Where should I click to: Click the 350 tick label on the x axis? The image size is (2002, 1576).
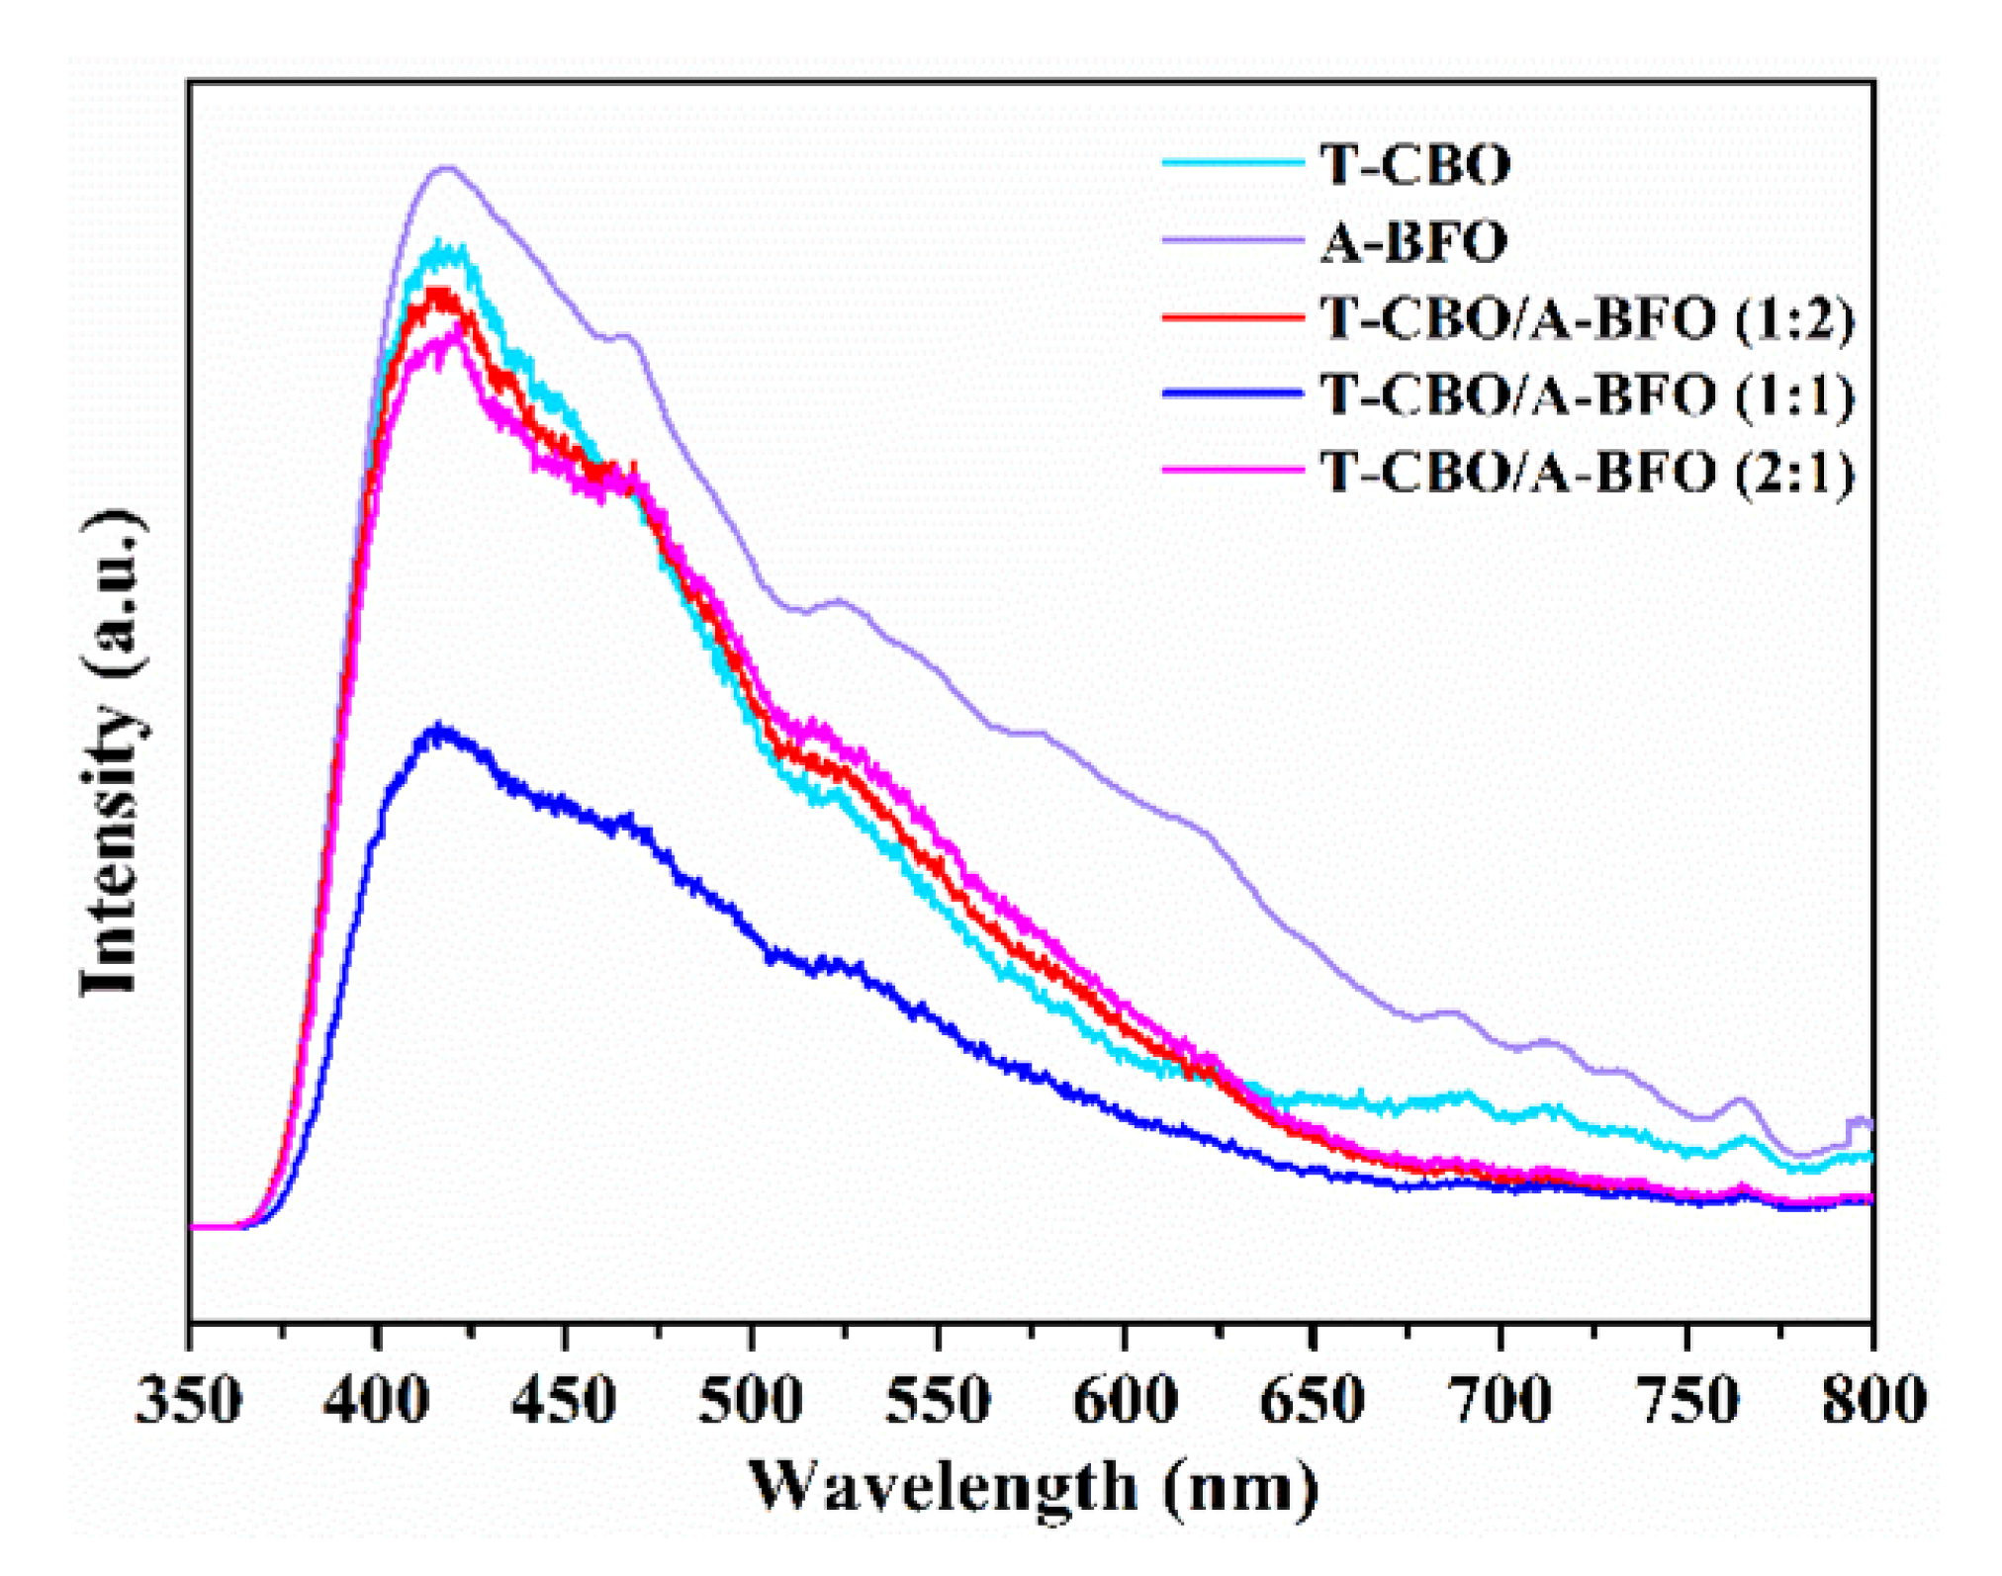188,1401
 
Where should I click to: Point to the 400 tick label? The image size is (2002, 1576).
376,1401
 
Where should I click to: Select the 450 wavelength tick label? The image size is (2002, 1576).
564,1401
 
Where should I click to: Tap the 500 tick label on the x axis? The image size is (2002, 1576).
751,1401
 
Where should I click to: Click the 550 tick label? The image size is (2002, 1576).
938,1401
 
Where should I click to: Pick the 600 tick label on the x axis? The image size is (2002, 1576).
1126,1401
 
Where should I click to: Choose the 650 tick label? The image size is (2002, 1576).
1313,1401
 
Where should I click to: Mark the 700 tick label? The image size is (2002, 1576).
1500,1401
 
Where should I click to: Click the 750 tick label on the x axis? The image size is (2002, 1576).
1686,1401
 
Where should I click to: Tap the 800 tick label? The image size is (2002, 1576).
1873,1401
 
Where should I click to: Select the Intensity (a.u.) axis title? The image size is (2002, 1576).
113,751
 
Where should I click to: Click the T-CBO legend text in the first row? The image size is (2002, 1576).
1415,164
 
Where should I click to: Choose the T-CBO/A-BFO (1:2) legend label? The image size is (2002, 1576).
1587,319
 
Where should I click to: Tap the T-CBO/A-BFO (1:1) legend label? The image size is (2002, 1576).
1587,395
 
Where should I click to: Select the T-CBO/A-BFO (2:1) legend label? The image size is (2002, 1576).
1587,472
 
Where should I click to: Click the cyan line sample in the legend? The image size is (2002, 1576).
1232,163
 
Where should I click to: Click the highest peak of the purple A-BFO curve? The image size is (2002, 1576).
447,167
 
